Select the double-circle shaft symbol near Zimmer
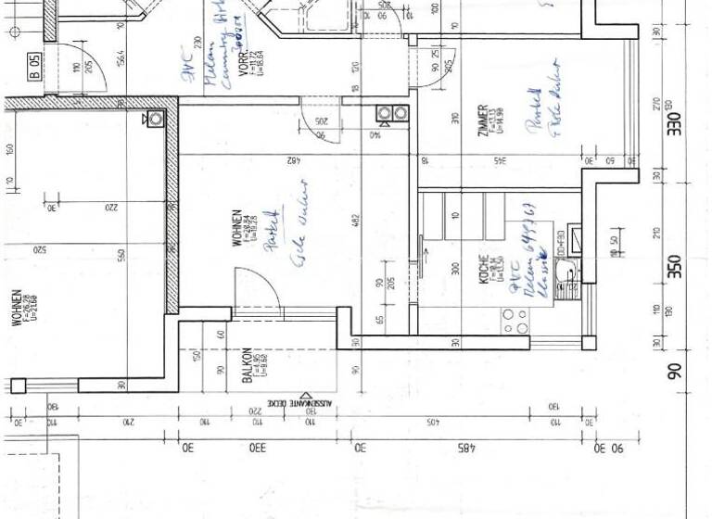point(391,114)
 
